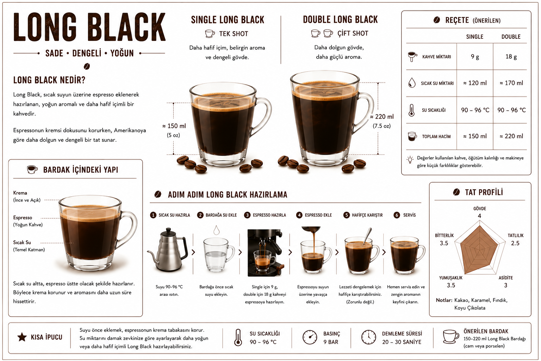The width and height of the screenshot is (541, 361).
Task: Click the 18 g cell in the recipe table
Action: tap(511, 56)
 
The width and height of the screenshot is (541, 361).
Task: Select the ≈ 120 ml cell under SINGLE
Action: tap(475, 83)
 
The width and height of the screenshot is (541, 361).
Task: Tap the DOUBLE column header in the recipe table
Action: tap(511, 37)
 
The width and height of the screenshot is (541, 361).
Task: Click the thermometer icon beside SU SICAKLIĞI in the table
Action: tap(411, 110)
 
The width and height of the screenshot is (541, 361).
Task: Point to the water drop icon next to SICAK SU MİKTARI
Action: tap(412, 83)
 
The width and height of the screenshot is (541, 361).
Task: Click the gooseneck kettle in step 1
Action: tap(168, 250)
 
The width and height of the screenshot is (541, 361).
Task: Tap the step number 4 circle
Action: tap(299, 215)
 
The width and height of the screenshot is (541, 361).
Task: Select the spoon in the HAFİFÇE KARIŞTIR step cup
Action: tap(367, 235)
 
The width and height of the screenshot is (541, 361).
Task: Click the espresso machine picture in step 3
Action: tap(265, 253)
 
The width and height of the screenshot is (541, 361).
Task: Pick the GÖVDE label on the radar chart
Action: tap(479, 208)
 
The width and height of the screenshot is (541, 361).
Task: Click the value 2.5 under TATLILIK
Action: tap(515, 243)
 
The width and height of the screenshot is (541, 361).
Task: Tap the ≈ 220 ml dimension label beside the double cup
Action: tap(382, 117)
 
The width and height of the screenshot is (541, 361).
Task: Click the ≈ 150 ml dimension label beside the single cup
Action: tap(174, 126)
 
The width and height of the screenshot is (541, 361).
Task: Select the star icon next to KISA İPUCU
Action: tap(22, 337)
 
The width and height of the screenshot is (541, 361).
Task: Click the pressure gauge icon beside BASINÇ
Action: tap(310, 337)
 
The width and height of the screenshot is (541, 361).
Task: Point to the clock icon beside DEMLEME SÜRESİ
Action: tap(368, 337)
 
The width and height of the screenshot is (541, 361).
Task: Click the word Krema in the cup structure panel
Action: tap(20, 193)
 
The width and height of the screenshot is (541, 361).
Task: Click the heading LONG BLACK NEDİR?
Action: tap(49, 80)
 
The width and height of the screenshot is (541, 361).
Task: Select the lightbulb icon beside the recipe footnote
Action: tap(410, 160)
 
